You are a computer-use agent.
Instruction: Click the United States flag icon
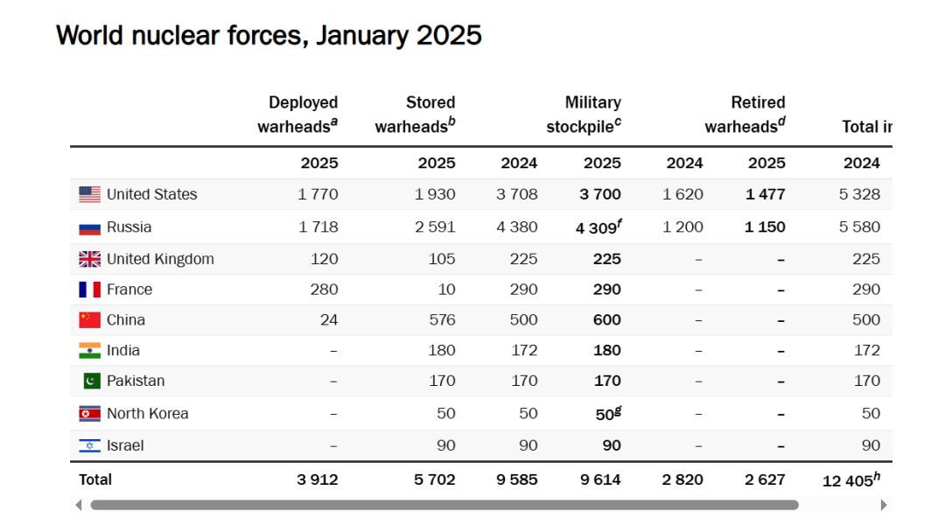coord(89,194)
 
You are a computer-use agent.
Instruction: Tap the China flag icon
coord(89,320)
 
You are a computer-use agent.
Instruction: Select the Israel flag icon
coord(89,445)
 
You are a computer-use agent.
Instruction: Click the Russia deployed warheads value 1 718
coord(318,227)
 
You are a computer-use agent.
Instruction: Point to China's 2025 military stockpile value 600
coord(606,320)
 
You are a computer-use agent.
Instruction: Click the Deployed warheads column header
coord(298,115)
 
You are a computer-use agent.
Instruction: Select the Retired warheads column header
coord(745,115)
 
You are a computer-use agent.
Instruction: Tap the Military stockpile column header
coord(584,115)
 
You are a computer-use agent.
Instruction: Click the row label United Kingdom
coord(160,259)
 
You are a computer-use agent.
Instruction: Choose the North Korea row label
coord(147,414)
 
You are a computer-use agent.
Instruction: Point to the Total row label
coord(95,479)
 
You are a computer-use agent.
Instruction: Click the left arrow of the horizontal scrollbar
coord(79,505)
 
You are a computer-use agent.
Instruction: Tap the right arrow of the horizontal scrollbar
coord(883,505)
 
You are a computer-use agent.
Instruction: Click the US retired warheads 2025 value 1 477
coord(765,194)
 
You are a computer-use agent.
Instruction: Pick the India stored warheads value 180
coord(441,351)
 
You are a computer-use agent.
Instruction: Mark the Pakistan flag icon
coord(91,381)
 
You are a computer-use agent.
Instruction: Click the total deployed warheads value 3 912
coord(317,479)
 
